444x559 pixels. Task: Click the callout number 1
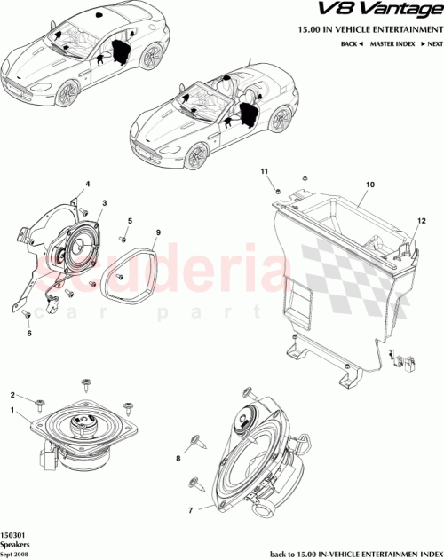12,411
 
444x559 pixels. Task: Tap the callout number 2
12,395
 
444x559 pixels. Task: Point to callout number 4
88,185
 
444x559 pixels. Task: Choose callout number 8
178,459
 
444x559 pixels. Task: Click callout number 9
158,232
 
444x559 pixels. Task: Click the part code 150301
14,537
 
